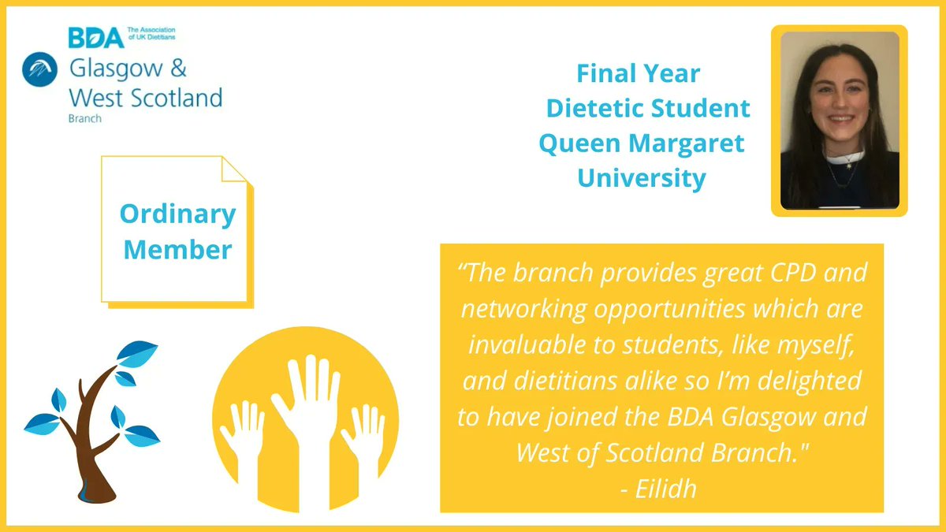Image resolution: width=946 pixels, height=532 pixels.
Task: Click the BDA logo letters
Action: coord(95,37)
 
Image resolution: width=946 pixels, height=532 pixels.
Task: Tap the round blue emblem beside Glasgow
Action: coord(37,70)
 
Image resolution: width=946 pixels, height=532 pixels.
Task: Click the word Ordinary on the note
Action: coord(177,214)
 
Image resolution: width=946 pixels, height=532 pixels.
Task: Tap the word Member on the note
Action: coord(177,250)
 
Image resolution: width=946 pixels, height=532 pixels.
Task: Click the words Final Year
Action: coord(638,74)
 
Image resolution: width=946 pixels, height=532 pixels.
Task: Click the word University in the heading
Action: coord(641,178)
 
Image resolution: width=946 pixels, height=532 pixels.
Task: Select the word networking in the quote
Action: coord(522,309)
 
